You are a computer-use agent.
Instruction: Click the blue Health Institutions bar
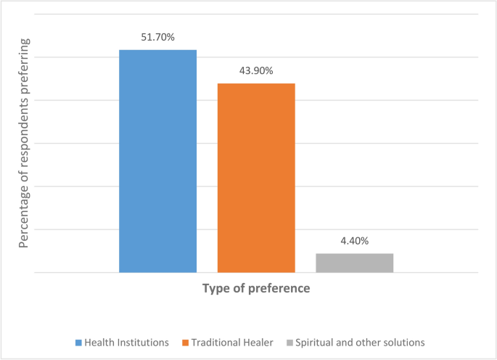pos(157,161)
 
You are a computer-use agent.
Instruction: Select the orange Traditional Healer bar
pos(256,178)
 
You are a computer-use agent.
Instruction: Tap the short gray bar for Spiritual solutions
pos(354,263)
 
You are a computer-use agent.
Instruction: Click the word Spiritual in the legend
pos(317,342)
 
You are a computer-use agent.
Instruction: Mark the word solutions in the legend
pos(404,342)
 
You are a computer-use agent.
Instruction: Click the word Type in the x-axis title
pos(215,288)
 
